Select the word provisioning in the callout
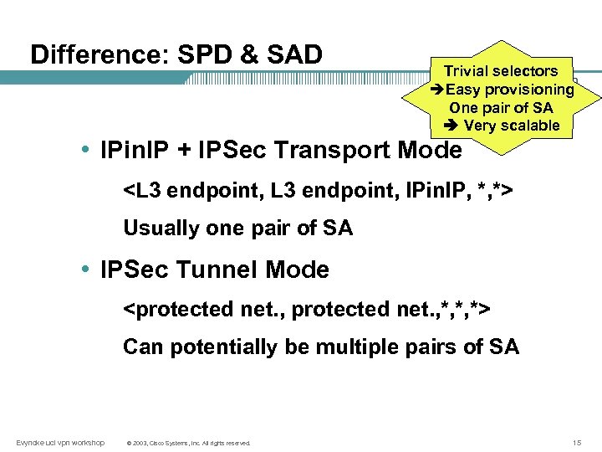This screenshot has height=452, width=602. pyautogui.click(x=533, y=90)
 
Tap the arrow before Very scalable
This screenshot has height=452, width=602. pyautogui.click(x=449, y=126)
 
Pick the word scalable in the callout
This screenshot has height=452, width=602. pyautogui.click(x=529, y=126)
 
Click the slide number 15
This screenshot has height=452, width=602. pyautogui.click(x=577, y=442)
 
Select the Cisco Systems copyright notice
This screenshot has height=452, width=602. pyautogui.click(x=187, y=443)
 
